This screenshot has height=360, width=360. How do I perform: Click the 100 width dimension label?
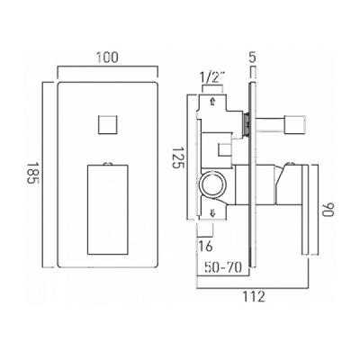107,58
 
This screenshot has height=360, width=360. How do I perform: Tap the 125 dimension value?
178,157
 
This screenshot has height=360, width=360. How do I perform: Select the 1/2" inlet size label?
212,78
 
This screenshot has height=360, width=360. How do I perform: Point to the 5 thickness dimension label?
253,57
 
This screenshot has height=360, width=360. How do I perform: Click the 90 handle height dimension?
328,210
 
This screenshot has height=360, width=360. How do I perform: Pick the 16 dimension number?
205,246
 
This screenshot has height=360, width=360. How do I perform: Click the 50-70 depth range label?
222,267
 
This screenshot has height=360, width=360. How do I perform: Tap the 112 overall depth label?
254,296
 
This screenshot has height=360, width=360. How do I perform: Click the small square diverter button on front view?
107,125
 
